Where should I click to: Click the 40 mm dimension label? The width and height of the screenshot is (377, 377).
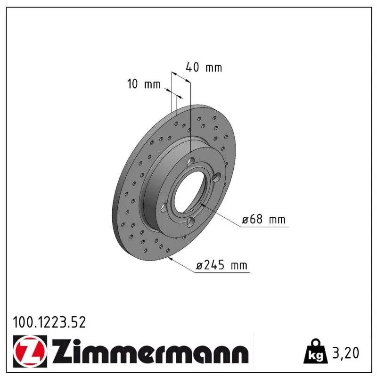[x=204, y=67]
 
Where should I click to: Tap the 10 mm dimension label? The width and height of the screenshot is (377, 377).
[x=144, y=84]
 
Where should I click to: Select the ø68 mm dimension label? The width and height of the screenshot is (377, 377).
[x=263, y=219]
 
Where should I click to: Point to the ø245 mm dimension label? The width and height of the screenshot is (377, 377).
[x=221, y=265]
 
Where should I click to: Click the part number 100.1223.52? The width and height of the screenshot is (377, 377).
[x=49, y=322]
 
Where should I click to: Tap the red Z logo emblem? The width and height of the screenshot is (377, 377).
[x=30, y=351]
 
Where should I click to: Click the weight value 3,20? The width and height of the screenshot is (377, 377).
[x=346, y=353]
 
